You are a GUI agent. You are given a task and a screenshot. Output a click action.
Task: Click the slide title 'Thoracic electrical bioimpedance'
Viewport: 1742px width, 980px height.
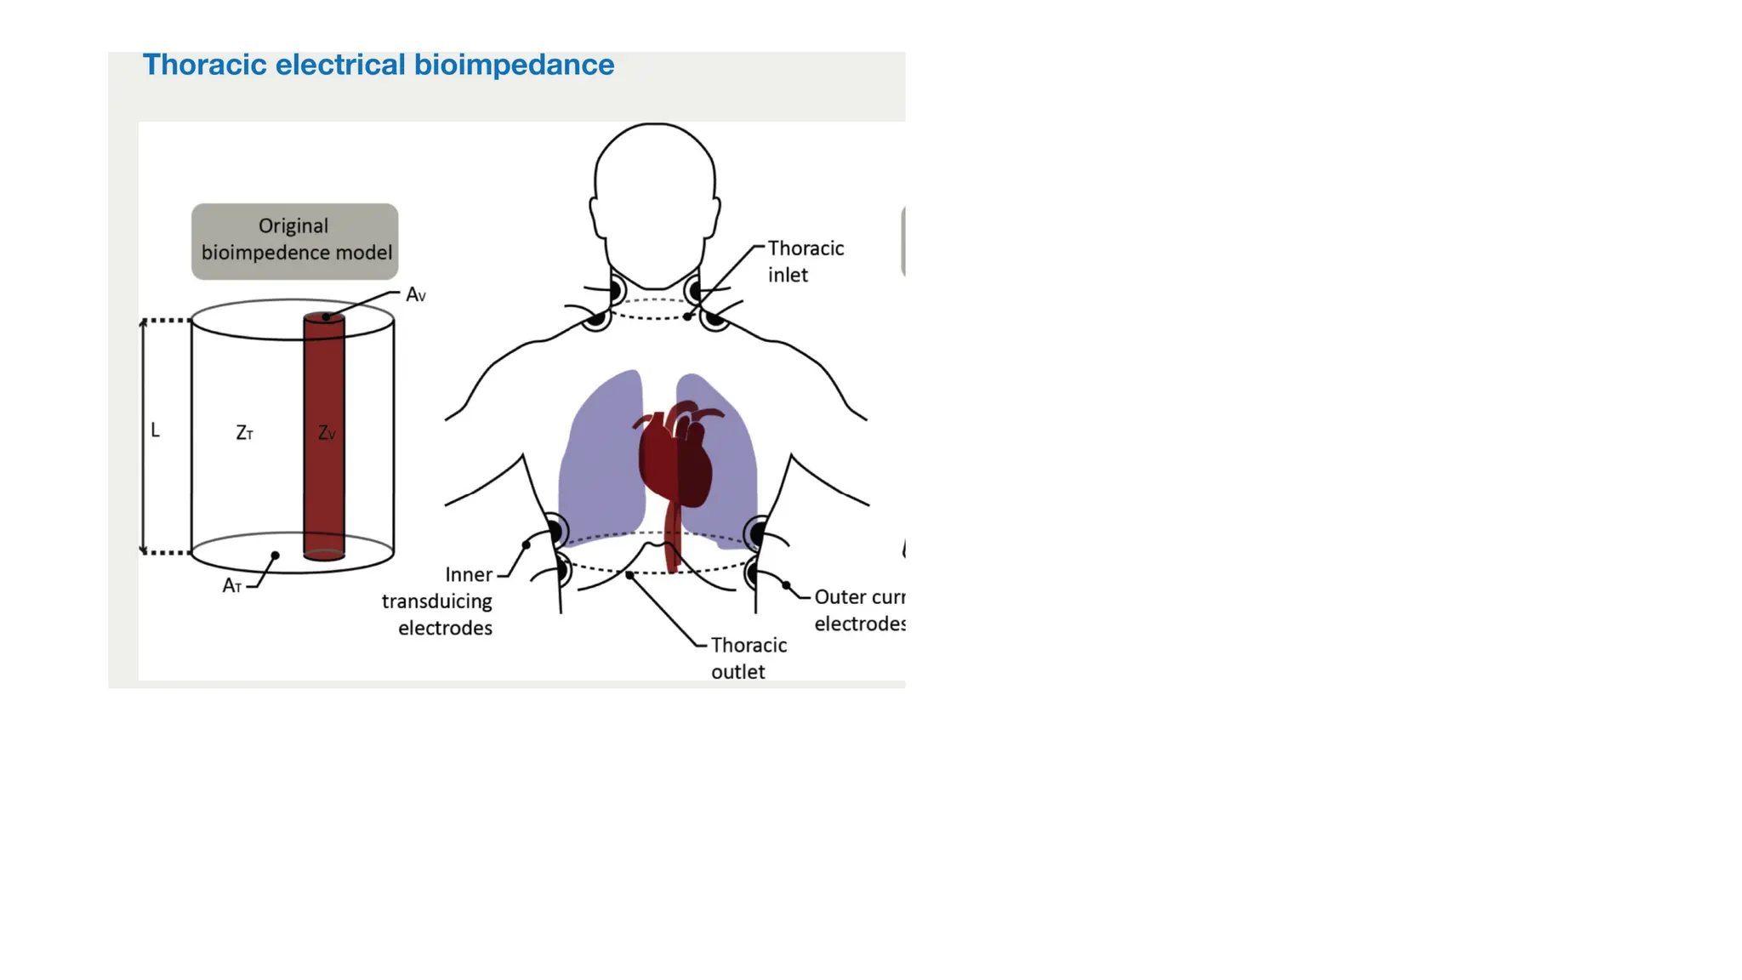tap(378, 66)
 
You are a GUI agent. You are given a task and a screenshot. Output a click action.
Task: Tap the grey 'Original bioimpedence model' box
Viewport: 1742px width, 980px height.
tap(294, 241)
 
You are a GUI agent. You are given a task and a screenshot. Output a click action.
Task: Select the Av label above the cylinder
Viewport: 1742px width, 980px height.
tap(415, 295)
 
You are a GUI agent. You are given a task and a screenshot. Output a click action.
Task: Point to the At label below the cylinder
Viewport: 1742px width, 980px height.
tap(231, 586)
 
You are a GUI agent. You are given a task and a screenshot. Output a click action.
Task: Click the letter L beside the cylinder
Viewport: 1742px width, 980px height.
tap(155, 430)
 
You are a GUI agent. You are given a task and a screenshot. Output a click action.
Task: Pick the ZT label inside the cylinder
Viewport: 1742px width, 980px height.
tap(244, 433)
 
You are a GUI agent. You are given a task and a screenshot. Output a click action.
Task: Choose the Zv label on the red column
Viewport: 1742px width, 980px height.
tap(327, 433)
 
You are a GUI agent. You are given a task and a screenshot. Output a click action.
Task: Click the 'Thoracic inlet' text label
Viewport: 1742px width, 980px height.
tap(805, 261)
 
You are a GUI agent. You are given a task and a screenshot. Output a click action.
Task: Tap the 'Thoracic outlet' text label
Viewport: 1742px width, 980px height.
tap(748, 658)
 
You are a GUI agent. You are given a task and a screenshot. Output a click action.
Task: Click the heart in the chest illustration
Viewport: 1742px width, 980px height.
tap(676, 455)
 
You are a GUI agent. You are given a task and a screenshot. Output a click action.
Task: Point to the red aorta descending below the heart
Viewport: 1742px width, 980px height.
tap(673, 536)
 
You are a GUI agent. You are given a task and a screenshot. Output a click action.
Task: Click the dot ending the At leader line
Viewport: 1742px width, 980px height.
tap(275, 556)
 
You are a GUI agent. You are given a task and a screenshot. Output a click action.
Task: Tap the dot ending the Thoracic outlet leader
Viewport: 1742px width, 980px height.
tap(629, 576)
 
